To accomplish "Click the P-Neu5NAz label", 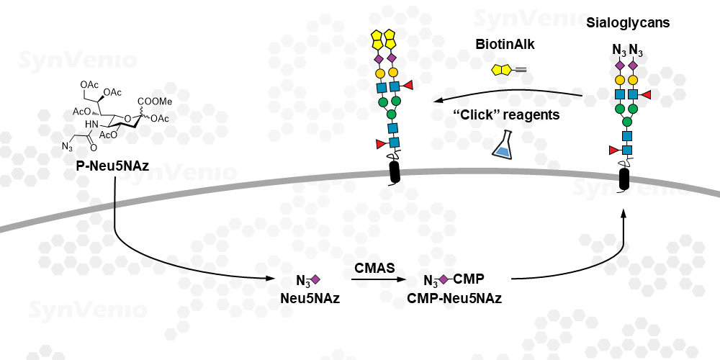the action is click(x=112, y=166).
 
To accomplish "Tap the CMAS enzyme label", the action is click(x=374, y=268).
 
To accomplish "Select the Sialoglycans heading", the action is click(x=628, y=23).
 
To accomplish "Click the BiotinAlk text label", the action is click(x=505, y=44).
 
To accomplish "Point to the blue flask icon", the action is click(x=503, y=144).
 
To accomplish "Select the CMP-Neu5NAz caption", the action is click(x=454, y=299).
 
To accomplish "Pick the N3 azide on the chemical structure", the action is click(x=68, y=147).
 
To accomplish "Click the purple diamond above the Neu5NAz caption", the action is click(x=315, y=279).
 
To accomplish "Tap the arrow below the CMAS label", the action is click(x=379, y=279).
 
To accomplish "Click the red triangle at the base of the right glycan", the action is click(x=613, y=150).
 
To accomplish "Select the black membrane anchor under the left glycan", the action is click(x=395, y=172).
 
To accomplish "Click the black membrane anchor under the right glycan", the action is click(x=624, y=179).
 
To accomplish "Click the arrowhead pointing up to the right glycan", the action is click(x=624, y=215).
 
